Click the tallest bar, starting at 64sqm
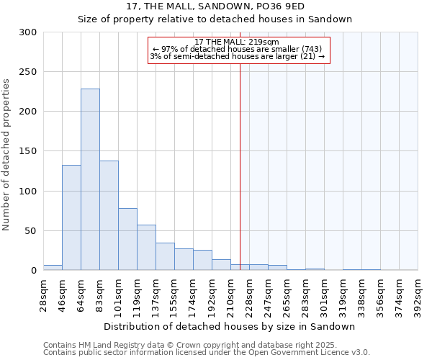click(90, 180)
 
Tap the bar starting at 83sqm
click(109, 215)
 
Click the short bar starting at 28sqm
click(53, 268)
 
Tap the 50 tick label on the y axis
click(30, 231)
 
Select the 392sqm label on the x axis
click(418, 294)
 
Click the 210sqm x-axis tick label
click(231, 294)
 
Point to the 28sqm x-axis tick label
click(44, 294)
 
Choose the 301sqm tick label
click(325, 294)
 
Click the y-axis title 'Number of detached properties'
click(7, 155)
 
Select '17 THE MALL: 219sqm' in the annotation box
click(237, 42)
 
